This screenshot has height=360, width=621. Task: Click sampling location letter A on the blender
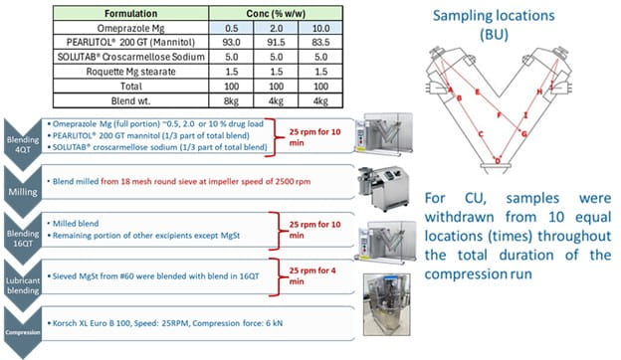coord(453,96)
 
